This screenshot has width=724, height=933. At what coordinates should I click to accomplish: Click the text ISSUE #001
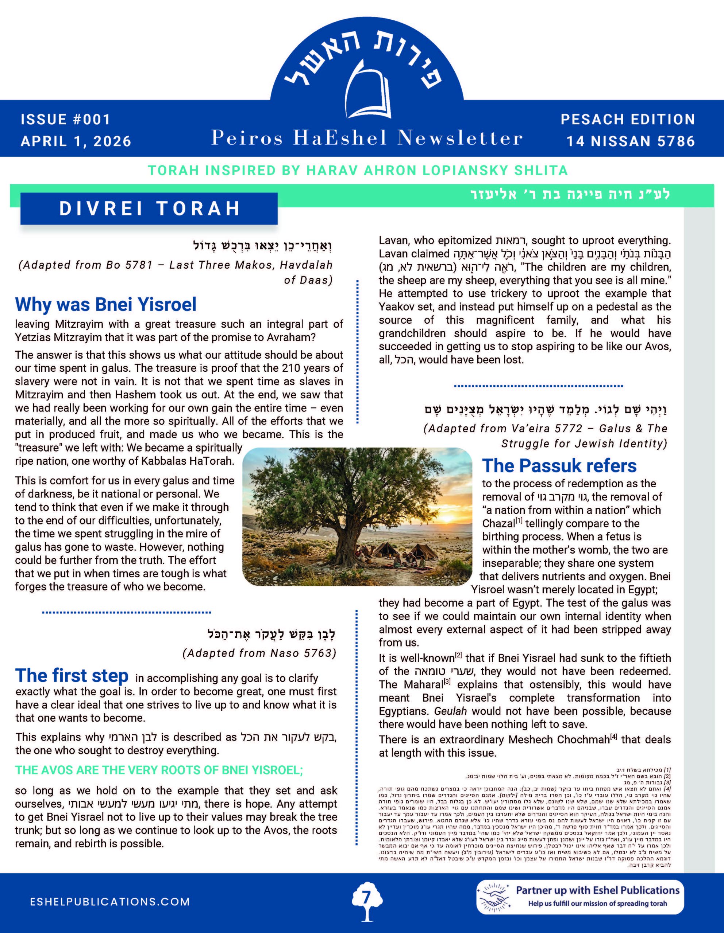click(65, 119)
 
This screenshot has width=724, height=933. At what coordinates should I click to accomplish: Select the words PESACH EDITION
click(628, 120)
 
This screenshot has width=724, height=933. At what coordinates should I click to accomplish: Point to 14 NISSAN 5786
click(631, 141)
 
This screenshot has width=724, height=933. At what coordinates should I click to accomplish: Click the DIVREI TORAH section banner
click(149, 208)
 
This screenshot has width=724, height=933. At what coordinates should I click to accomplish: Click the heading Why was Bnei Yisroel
click(105, 305)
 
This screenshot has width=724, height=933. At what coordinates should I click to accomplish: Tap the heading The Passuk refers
click(559, 466)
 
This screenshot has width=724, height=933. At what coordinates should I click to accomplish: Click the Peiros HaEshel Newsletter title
click(366, 138)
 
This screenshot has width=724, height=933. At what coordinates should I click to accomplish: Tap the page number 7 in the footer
click(366, 898)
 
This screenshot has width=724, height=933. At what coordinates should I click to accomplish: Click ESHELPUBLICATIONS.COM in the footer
click(110, 902)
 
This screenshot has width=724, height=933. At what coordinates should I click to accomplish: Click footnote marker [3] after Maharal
click(447, 682)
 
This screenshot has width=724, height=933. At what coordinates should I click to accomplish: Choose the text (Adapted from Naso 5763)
click(259, 653)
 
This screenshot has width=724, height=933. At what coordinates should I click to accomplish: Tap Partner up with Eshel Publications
click(597, 891)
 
